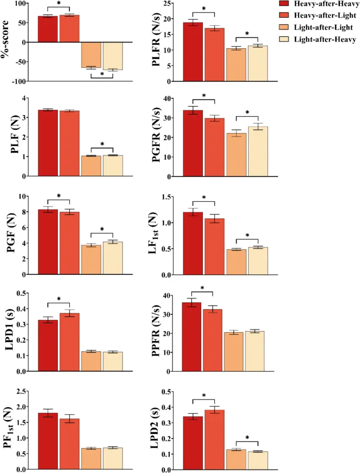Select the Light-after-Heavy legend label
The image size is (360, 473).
click(325, 39)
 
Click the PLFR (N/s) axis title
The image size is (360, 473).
click(157, 42)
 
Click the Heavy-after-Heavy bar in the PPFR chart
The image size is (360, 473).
click(192, 337)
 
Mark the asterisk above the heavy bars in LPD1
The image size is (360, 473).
click(58, 299)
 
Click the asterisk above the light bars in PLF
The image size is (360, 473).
click(102, 144)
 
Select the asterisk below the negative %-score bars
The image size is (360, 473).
click(102, 75)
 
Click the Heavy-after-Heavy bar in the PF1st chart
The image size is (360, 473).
click(48, 441)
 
